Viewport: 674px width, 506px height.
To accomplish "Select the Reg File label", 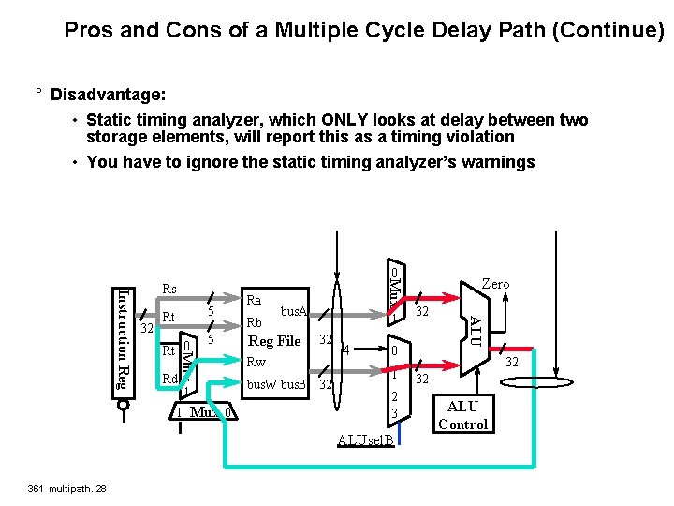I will pyautogui.click(x=274, y=341).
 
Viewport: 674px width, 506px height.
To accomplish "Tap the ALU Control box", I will pyautogui.click(x=463, y=415).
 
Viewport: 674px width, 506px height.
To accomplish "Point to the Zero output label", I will pyautogui.click(x=495, y=284).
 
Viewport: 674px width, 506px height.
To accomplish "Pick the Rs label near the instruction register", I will pyautogui.click(x=169, y=290).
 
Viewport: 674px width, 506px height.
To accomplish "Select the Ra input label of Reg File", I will pyautogui.click(x=254, y=301).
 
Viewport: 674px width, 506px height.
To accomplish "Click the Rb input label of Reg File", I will pyautogui.click(x=254, y=322).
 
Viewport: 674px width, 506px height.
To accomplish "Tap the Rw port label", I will pyautogui.click(x=256, y=362).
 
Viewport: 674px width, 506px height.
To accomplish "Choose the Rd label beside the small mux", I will pyautogui.click(x=169, y=379).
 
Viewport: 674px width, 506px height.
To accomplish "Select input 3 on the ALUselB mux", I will pyautogui.click(x=395, y=413).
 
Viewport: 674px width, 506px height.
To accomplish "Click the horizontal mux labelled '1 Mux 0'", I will pyautogui.click(x=204, y=412).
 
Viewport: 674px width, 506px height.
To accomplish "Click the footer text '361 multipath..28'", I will pyautogui.click(x=67, y=488).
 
